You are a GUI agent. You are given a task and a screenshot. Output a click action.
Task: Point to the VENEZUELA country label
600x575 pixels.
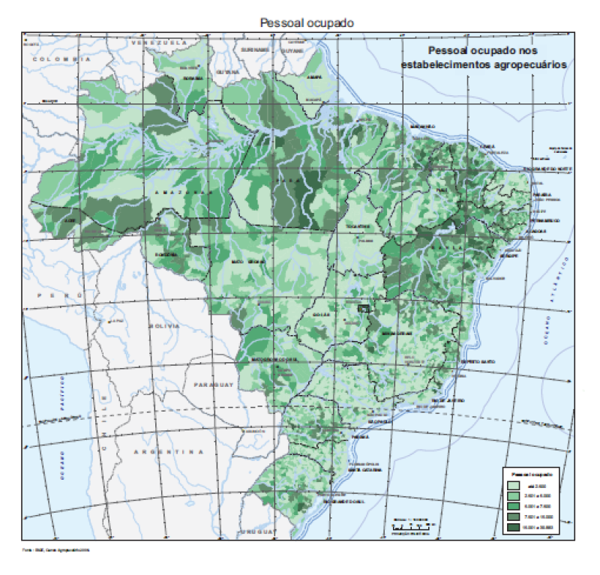point(158,43)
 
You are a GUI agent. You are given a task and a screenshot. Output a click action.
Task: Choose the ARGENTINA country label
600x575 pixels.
point(168,453)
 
